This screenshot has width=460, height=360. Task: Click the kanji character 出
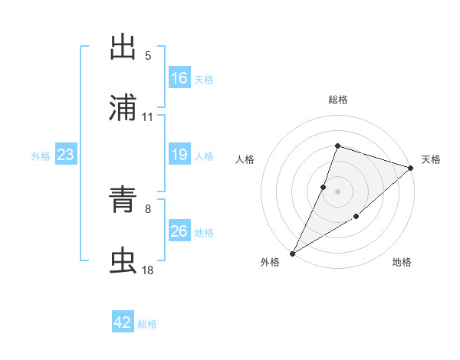click(123, 47)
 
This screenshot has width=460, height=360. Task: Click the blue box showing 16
click(179, 78)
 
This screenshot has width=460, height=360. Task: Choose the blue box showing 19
click(179, 155)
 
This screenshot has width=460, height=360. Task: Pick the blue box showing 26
click(179, 231)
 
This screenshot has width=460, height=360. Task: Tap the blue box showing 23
click(66, 155)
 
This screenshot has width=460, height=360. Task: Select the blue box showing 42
click(123, 323)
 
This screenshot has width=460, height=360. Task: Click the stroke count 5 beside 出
click(148, 55)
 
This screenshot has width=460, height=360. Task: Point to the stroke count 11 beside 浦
click(148, 116)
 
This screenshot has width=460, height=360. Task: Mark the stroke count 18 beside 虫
click(148, 270)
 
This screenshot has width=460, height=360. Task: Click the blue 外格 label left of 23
click(41, 155)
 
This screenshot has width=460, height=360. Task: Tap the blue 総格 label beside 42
click(147, 324)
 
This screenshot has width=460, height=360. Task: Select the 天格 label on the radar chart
click(431, 159)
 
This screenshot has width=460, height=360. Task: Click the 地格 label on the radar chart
click(402, 263)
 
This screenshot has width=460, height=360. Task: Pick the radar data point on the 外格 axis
click(293, 253)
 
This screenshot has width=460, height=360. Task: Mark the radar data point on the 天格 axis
click(410, 168)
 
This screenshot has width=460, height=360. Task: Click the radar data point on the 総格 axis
click(337, 146)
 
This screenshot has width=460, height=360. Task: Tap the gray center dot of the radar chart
click(337, 191)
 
